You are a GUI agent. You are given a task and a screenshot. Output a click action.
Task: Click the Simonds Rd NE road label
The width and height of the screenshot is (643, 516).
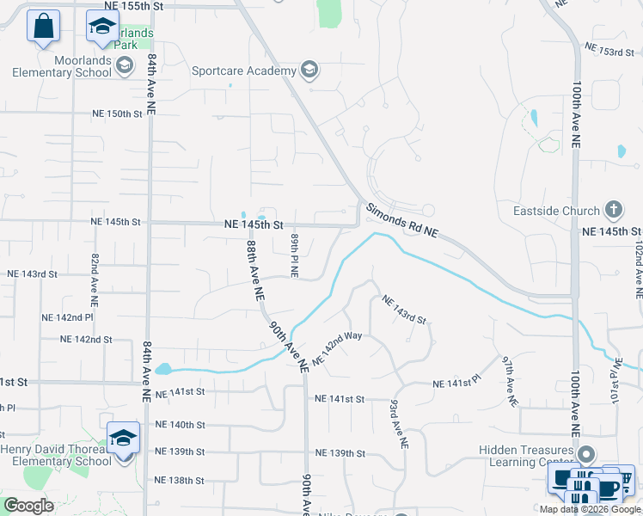pos(402,222)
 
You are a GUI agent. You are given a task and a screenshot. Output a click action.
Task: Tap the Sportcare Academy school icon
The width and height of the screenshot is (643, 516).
pos(309,71)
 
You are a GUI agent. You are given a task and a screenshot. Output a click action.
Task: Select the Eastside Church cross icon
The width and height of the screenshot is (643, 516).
pos(613,210)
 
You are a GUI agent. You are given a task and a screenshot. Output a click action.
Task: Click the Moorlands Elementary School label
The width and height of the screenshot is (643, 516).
pos(62,66)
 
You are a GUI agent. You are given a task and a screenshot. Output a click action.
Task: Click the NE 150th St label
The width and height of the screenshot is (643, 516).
pos(117,114)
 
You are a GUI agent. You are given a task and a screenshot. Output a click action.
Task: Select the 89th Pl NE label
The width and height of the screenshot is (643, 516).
pos(294,255)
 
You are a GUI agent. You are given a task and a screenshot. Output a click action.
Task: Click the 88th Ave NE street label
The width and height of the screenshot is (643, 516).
pos(254,269)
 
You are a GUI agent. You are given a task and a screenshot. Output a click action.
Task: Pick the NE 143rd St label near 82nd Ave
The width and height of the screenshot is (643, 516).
pos(32,274)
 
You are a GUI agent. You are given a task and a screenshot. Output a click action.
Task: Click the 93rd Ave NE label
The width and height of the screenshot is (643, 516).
pos(398,423)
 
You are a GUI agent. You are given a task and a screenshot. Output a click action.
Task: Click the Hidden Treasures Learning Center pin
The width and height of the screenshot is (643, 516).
pos(586,453)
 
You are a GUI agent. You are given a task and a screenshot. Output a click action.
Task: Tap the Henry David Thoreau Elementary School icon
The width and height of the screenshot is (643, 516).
pos(123,437)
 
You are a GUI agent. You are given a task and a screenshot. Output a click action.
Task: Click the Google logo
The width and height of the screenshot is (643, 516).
pos(28,506)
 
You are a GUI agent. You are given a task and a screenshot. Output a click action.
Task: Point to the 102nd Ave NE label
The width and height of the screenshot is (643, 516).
pos(638,269)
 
